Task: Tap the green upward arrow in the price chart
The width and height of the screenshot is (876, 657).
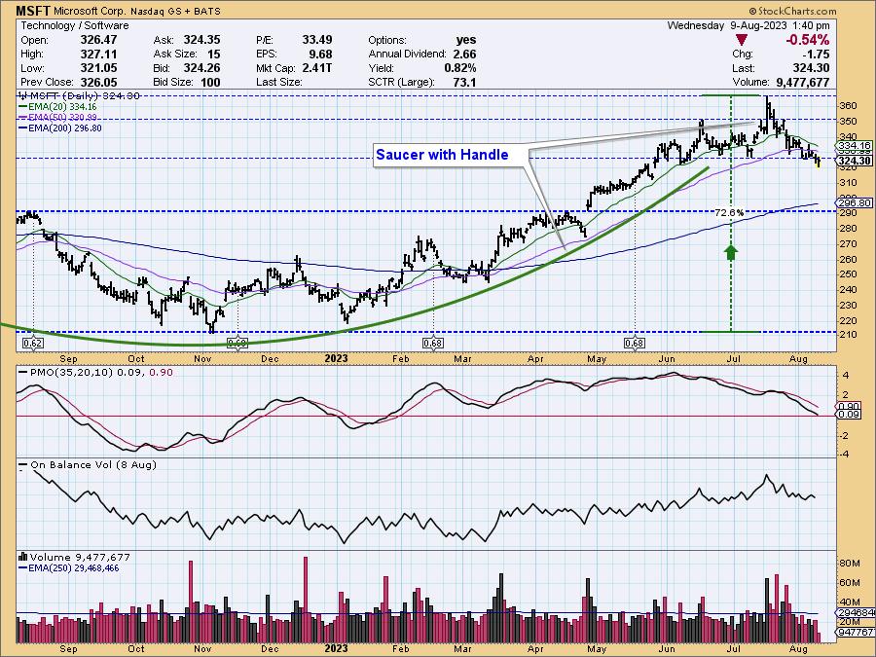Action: [730, 252]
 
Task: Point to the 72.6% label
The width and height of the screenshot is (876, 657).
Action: [729, 213]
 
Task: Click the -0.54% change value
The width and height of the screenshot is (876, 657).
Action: [809, 40]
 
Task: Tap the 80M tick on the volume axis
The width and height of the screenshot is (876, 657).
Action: [849, 563]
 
